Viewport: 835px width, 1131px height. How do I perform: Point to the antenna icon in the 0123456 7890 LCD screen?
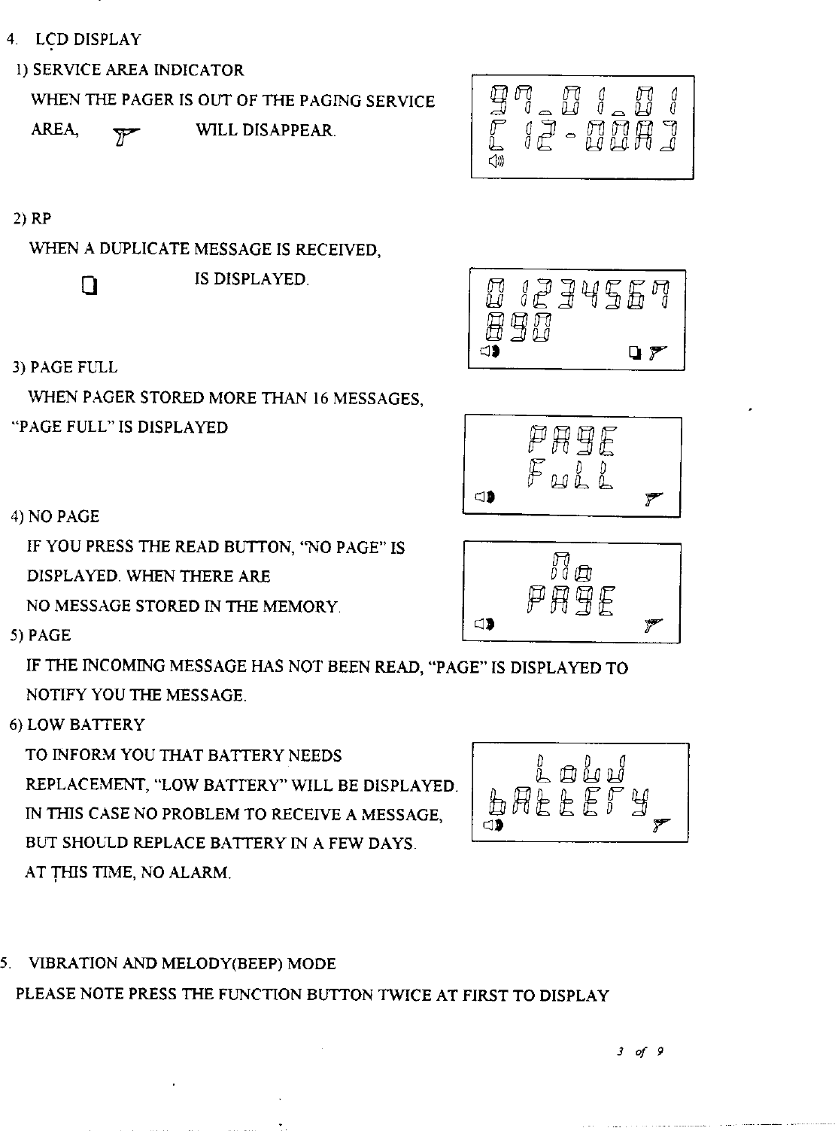pos(657,352)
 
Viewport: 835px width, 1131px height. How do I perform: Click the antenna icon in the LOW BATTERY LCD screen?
pos(661,825)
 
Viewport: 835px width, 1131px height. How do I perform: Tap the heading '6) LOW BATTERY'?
pos(77,725)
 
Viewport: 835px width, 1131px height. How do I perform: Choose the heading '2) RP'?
pos(32,219)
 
